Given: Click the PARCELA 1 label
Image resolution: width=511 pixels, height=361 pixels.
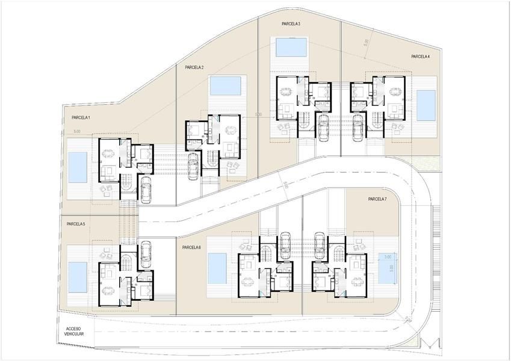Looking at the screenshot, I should [81, 117].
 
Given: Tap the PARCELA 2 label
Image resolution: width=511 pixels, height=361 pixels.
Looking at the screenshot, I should [194, 67].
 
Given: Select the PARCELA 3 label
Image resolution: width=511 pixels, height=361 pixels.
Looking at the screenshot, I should [291, 23].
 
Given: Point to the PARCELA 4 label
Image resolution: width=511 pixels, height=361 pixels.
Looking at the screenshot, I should [420, 57].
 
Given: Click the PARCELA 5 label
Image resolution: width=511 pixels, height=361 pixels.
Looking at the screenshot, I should [76, 224].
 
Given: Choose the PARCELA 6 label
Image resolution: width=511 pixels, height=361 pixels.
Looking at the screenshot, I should [191, 247].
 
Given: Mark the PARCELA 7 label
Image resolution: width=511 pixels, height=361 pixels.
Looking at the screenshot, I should [377, 199].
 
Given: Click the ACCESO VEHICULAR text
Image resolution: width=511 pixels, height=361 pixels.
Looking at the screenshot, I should [75, 331].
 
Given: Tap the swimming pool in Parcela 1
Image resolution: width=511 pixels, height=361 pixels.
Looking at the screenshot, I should [77, 167].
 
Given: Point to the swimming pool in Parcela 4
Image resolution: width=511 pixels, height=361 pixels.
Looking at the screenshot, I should [426, 105].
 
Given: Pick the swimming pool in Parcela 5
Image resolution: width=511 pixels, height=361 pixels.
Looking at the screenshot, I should [77, 277].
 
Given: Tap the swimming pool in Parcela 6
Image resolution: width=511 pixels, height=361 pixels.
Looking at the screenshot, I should [217, 268].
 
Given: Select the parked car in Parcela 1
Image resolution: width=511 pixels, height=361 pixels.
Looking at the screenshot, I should [146, 188].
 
